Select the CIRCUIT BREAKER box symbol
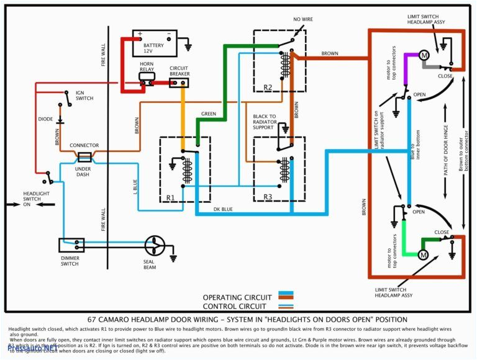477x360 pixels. pos(179,82)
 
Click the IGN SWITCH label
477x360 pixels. pos(84,96)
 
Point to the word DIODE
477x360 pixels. pos(46,119)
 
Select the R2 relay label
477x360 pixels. pos(268,87)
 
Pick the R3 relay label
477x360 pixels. pos(268,197)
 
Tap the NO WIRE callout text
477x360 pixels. pos(303,20)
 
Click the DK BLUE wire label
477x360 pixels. pos(223,209)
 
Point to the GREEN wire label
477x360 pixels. pos(208,114)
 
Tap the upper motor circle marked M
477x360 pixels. pos(424,55)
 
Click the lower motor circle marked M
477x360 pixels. pos(424,255)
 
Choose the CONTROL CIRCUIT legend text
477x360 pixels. pos(234,306)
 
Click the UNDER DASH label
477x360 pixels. pos(83,172)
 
